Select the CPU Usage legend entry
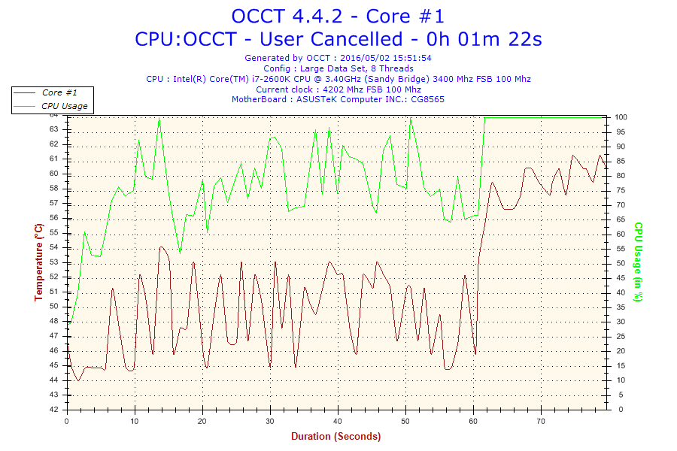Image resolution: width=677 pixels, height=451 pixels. click(x=64, y=106)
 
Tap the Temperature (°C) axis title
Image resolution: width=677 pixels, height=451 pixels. click(x=38, y=262)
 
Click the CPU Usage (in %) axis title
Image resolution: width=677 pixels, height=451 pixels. click(x=638, y=262)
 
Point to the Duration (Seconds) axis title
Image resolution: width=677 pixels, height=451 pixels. click(x=335, y=436)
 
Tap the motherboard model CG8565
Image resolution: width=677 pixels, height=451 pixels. click(x=427, y=99)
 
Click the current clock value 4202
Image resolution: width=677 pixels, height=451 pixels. click(x=337, y=89)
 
